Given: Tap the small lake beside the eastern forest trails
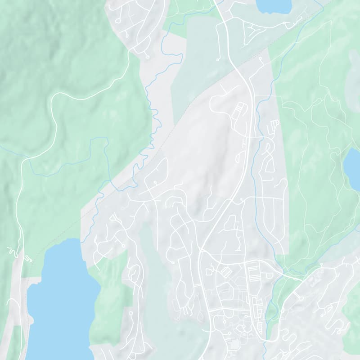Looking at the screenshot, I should point(352,168).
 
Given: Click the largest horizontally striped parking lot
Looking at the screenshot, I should point(254,273).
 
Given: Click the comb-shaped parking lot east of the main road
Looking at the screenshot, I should point(274,124).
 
